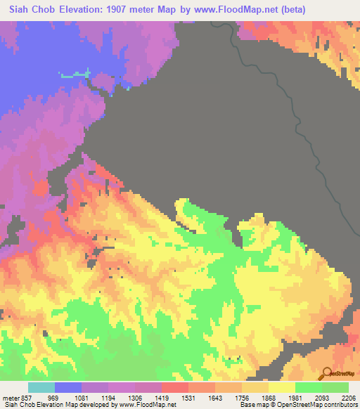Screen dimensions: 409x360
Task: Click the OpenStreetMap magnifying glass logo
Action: (x=327, y=373)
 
